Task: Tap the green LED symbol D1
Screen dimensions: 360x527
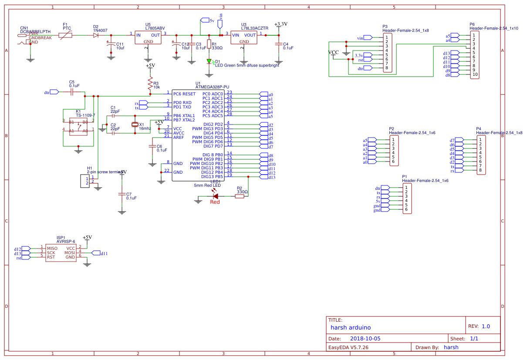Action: pos(209,61)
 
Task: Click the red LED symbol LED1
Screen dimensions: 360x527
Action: pos(215,196)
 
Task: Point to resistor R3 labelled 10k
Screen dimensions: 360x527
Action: pos(150,83)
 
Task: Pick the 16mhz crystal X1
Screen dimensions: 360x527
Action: pos(135,125)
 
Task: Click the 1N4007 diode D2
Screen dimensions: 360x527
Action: pos(96,35)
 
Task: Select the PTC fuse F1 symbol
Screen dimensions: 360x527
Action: pos(65,35)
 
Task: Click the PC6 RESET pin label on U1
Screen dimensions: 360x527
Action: pos(184,94)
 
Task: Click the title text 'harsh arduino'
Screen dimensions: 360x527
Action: pos(351,327)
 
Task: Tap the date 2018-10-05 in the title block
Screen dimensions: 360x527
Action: pos(365,338)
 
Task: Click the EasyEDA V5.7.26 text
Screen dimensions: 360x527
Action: pos(348,347)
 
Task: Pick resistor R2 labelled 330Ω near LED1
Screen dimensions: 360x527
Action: pos(240,196)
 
